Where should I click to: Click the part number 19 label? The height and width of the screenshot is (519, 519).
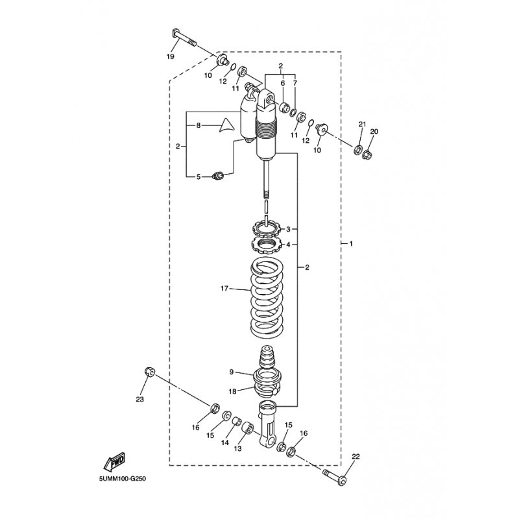(170, 56)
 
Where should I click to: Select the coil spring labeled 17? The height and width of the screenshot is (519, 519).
(267, 298)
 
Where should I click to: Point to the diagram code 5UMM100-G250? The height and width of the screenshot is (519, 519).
(123, 479)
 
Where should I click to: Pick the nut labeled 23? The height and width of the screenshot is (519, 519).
(149, 372)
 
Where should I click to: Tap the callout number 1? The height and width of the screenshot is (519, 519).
(351, 244)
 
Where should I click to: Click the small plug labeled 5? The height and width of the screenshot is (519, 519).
(218, 176)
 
